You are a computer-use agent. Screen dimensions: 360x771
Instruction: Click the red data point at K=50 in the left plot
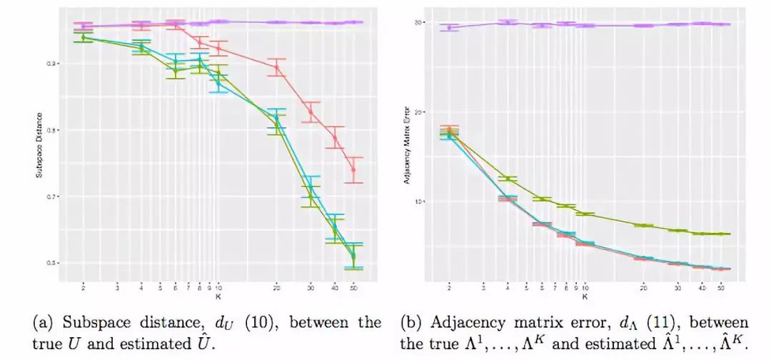point(353,170)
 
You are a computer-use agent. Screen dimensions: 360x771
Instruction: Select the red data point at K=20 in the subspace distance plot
point(276,68)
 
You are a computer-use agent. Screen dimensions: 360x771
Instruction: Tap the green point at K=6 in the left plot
point(176,70)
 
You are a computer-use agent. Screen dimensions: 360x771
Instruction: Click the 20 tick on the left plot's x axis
point(276,287)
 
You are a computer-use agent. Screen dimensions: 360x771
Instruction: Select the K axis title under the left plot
point(218,295)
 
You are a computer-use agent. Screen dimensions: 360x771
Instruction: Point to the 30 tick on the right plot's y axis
point(420,23)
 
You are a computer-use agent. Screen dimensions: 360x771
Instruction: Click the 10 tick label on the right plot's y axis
point(420,201)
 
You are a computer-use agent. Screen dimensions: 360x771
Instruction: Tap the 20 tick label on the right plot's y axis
point(420,112)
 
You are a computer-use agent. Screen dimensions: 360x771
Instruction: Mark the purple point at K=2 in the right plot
point(449,28)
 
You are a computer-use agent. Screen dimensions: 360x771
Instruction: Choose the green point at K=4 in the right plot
point(508,179)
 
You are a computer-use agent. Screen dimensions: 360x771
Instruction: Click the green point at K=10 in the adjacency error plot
point(585,214)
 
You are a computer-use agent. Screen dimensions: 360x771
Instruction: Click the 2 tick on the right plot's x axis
point(449,287)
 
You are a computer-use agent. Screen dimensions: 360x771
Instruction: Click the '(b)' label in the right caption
point(412,322)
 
